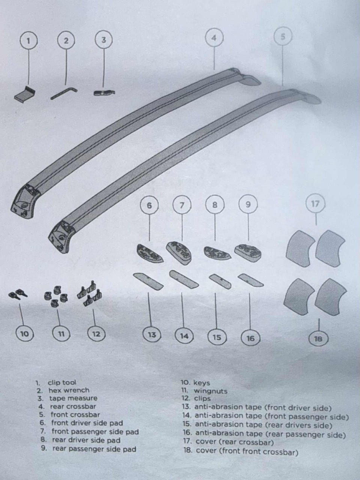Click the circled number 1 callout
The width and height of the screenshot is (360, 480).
[x=28, y=41]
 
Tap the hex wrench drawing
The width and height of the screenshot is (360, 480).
[x=64, y=94]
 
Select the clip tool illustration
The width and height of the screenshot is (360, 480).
[x=25, y=94]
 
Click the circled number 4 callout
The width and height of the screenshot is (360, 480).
[x=214, y=38]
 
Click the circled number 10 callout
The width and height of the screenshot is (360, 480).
[x=24, y=334]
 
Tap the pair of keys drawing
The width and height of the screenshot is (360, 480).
[x=18, y=294]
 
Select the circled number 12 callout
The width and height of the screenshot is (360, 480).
[x=96, y=334]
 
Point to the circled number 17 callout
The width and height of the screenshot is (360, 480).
[x=315, y=204]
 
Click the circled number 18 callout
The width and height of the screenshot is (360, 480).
[x=318, y=339]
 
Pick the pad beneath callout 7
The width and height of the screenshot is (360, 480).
[x=178, y=253]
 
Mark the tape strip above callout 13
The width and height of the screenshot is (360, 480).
[x=148, y=281]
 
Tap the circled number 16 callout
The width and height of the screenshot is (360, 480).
[x=250, y=338]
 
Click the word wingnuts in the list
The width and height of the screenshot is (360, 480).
[x=210, y=391]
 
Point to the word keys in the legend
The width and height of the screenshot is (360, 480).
[x=201, y=383]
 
